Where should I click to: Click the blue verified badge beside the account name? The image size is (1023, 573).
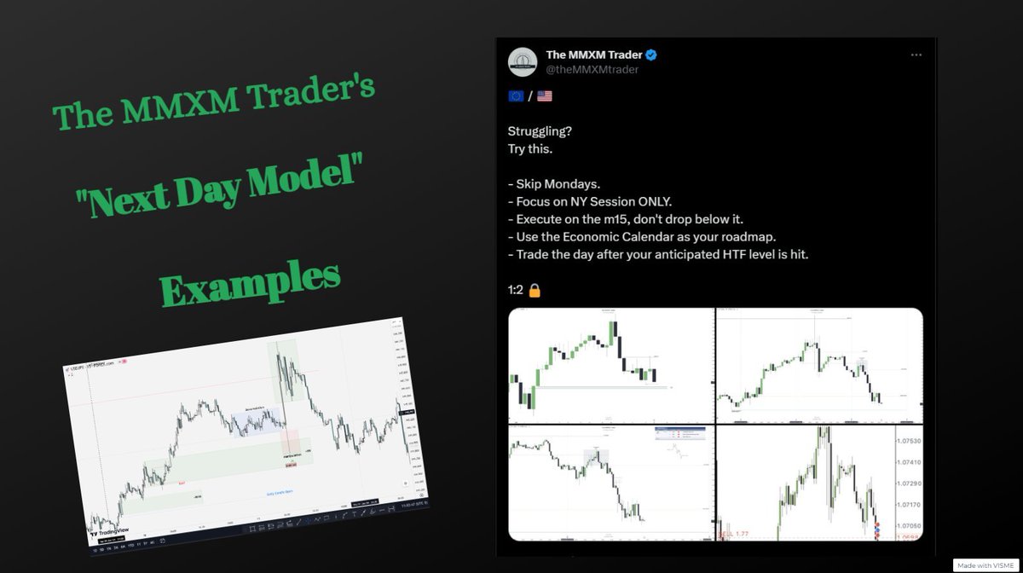click(650, 55)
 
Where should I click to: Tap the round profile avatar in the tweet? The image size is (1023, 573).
click(522, 61)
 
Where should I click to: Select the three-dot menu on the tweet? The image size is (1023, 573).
click(916, 55)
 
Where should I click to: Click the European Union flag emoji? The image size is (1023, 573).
click(516, 96)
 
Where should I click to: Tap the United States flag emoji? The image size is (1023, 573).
click(544, 96)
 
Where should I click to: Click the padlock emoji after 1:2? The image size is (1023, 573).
click(535, 289)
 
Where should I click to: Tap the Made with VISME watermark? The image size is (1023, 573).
click(985, 565)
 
